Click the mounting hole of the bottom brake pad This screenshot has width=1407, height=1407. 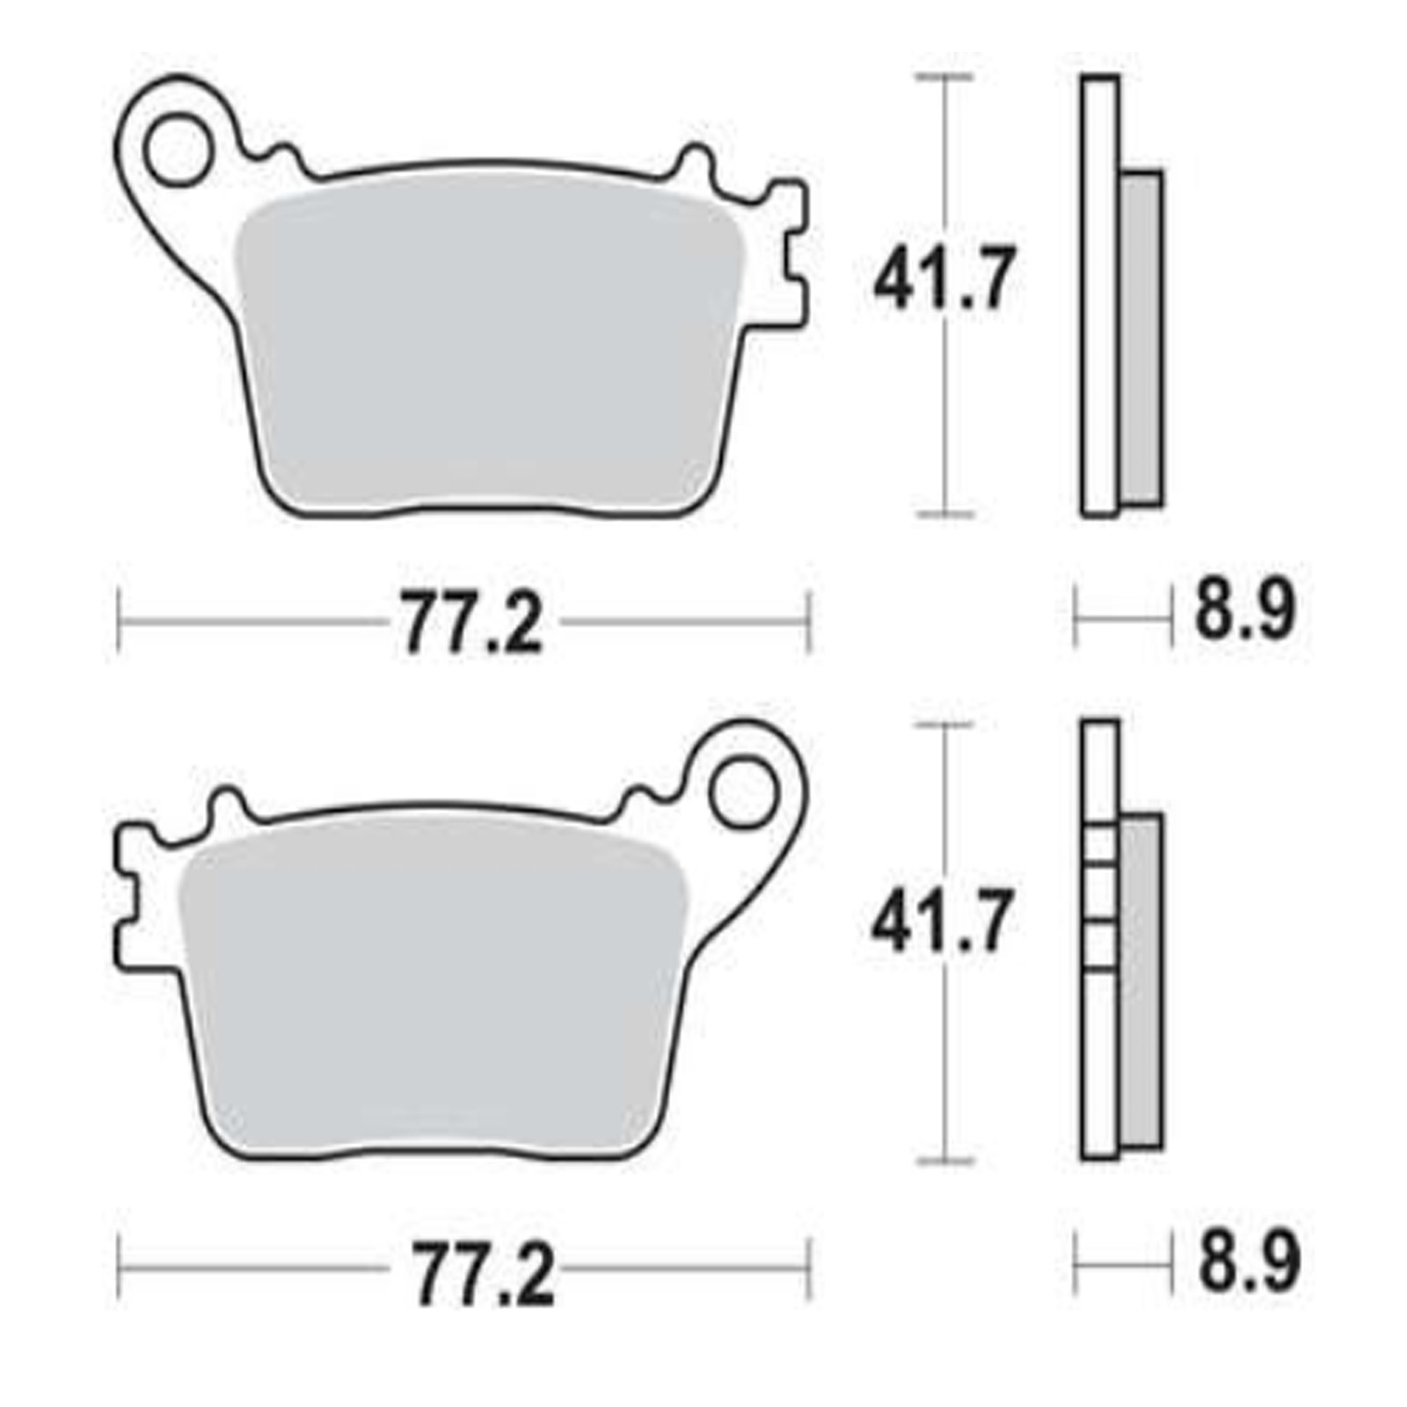(x=745, y=792)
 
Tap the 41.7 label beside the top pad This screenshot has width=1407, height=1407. (x=944, y=279)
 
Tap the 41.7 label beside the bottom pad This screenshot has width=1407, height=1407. (x=942, y=922)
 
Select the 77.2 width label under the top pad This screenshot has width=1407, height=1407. (x=472, y=623)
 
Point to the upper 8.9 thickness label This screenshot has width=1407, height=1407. (x=1244, y=609)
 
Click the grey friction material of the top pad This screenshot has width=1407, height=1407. (x=492, y=352)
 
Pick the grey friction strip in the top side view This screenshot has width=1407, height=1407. (x=1141, y=339)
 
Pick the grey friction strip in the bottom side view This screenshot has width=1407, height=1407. (x=1141, y=981)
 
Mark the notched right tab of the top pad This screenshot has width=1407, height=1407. (x=790, y=255)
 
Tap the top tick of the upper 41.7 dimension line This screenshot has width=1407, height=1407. (x=944, y=77)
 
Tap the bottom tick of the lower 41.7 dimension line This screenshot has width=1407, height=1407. (x=944, y=1161)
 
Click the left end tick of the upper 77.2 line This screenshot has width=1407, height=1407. (x=119, y=623)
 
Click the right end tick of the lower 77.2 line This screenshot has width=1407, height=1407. (x=808, y=1268)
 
